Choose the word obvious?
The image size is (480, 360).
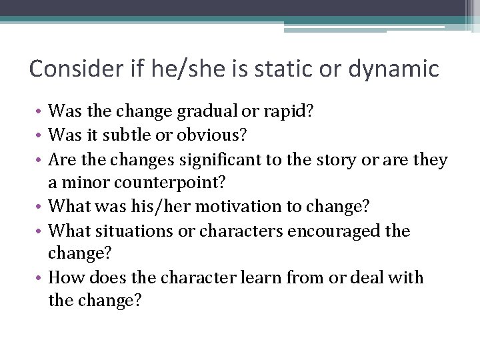point(212,135)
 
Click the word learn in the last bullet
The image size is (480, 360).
point(259,277)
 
